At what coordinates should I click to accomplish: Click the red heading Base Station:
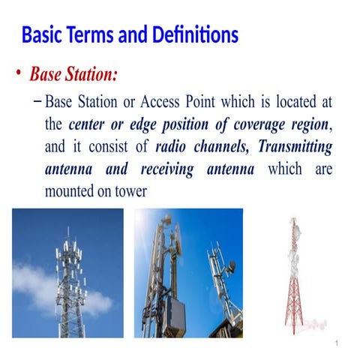[73, 75]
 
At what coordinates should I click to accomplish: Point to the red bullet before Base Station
[18, 75]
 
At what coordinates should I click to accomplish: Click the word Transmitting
[293, 147]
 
